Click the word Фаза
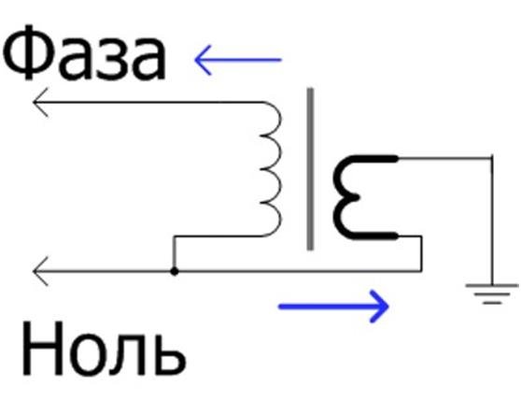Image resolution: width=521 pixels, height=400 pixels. tap(84, 52)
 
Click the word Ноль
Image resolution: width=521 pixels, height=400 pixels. tap(104, 349)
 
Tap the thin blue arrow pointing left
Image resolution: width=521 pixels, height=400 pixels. tap(238, 60)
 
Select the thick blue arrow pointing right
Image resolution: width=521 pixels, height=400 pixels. tap(333, 307)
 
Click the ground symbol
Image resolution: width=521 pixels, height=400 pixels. tap(492, 294)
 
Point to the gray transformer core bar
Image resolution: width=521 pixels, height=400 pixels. tap(310, 169)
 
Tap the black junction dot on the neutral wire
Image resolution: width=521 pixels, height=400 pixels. tap(174, 272)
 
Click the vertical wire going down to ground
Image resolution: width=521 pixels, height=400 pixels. tap(492, 221)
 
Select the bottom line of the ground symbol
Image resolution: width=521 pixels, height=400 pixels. tap(492, 303)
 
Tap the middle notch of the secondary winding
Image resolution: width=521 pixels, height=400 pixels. tap(355, 197)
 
